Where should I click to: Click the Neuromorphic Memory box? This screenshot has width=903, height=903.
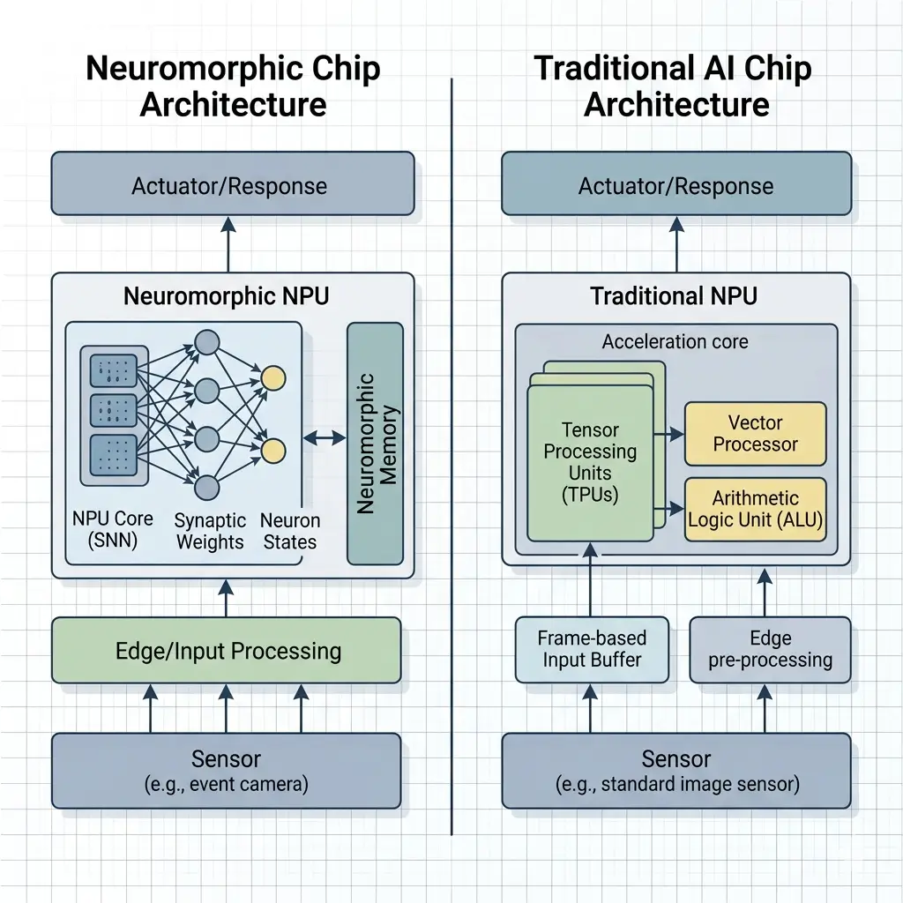coord(375,443)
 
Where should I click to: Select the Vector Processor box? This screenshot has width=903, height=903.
coord(755,433)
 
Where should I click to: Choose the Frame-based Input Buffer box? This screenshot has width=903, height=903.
coord(591,649)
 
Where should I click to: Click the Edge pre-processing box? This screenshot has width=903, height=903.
coord(770,649)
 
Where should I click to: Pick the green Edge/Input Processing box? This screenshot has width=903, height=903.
coord(228,651)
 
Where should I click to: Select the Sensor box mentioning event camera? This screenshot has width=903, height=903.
coord(226,770)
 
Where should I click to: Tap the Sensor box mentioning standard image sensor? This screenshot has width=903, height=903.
coord(676,770)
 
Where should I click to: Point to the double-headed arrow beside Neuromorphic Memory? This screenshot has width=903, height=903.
coord(325,437)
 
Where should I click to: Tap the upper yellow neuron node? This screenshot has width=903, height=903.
coord(273,378)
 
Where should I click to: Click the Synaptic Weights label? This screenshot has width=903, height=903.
coord(209,530)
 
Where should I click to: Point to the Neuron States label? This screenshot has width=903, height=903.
coord(289,530)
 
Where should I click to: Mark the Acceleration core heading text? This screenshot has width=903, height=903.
coord(675,341)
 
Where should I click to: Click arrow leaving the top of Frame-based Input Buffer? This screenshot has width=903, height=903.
coord(592,582)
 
